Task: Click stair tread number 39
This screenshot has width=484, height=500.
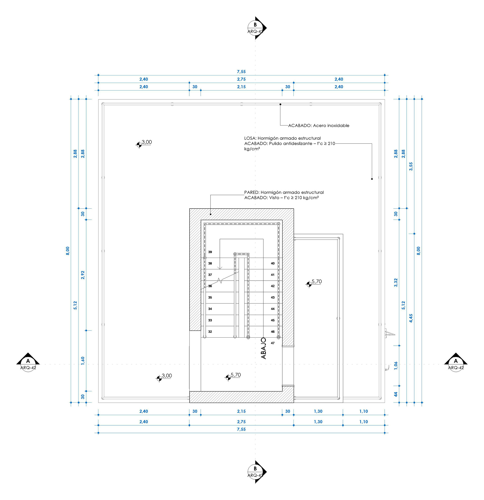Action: tap(210, 252)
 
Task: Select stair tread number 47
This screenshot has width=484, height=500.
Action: tap(273, 343)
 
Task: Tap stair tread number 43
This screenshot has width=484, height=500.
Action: tap(273, 297)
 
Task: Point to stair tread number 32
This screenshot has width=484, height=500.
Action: tap(210, 332)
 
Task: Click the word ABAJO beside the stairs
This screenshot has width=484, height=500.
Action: tap(263, 348)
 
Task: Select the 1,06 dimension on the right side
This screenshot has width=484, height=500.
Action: tap(396, 366)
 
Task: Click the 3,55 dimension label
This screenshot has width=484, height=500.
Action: tap(411, 166)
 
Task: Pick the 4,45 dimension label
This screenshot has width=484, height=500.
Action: tap(411, 318)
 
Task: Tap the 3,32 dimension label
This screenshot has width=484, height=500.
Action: tap(396, 283)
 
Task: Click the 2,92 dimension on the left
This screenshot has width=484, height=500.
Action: tap(83, 275)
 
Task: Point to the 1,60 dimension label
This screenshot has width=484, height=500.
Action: tap(83, 361)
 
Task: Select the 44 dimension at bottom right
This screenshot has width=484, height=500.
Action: tap(396, 394)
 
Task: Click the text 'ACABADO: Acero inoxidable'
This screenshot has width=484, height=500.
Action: tap(318, 126)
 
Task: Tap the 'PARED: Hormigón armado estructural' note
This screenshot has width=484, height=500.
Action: tap(284, 192)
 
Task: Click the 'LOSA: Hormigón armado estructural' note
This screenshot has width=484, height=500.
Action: tap(282, 138)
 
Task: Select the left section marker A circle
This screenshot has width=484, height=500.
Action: tap(28, 364)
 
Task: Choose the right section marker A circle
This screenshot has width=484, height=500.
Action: tap(456, 364)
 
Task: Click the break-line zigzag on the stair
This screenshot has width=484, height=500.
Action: tap(220, 281)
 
